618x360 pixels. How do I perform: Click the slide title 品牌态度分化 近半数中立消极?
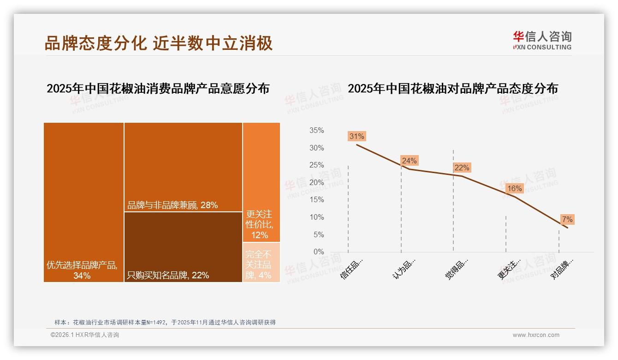[158, 43]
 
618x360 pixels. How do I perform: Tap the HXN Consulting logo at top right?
[542, 41]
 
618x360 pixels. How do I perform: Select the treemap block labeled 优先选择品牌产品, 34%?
[83, 202]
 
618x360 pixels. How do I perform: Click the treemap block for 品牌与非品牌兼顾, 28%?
[183, 167]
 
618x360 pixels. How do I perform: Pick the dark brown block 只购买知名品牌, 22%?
[183, 246]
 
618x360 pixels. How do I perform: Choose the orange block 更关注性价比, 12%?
[261, 182]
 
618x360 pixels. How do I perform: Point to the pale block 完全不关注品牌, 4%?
[261, 262]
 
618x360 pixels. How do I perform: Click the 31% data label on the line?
[357, 136]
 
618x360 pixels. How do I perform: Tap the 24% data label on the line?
[409, 161]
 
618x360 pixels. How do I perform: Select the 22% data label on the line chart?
[462, 168]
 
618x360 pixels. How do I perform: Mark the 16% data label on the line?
[514, 188]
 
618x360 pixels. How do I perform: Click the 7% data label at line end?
[567, 219]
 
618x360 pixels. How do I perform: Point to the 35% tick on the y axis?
[316, 131]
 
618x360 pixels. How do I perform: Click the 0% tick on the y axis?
[318, 252]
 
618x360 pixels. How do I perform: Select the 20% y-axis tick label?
[316, 183]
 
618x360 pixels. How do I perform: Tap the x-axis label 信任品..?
[352, 268]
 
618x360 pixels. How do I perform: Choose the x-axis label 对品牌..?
[562, 268]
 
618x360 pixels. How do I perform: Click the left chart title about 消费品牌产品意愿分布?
[158, 89]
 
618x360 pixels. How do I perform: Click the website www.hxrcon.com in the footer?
[536, 335]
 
